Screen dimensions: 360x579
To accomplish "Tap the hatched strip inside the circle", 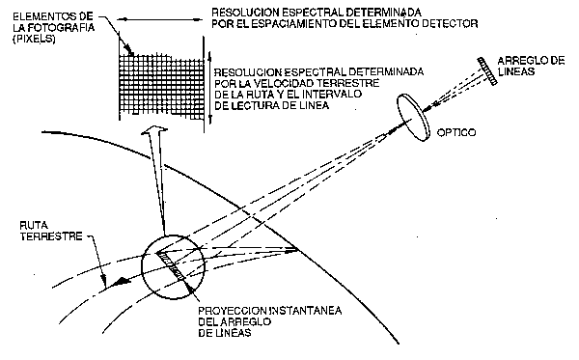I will pyautogui.click(x=176, y=264).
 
